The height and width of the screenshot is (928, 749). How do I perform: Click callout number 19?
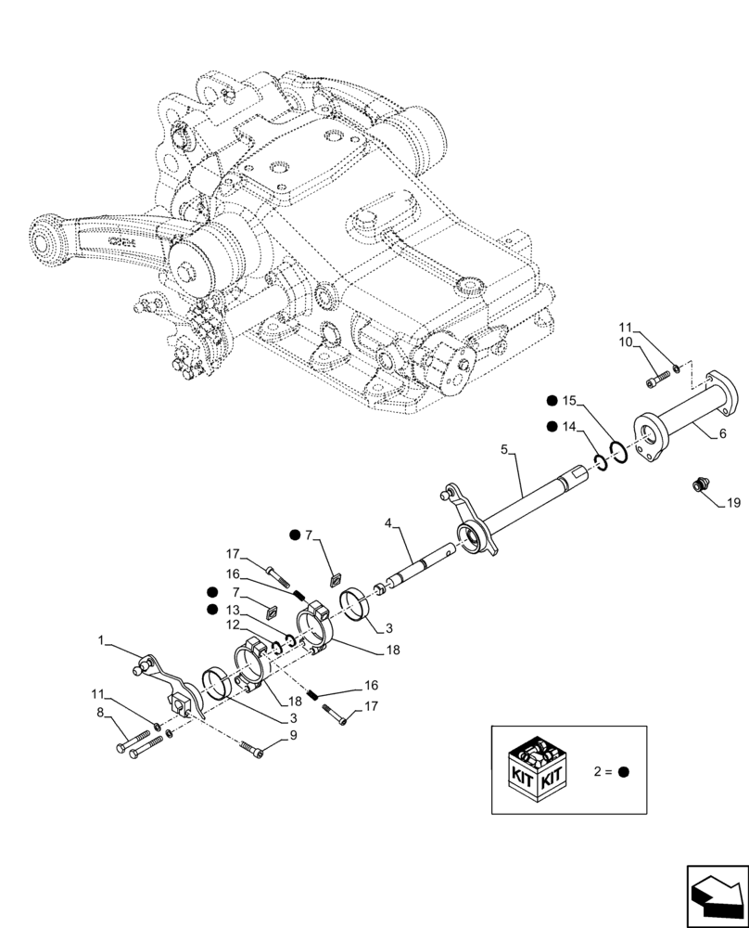click(x=732, y=503)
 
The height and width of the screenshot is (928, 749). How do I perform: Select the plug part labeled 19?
click(x=702, y=483)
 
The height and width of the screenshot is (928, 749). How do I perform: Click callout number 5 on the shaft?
click(x=503, y=449)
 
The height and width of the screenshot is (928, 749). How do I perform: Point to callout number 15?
click(x=569, y=401)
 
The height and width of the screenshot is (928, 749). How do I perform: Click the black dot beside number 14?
click(x=552, y=426)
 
